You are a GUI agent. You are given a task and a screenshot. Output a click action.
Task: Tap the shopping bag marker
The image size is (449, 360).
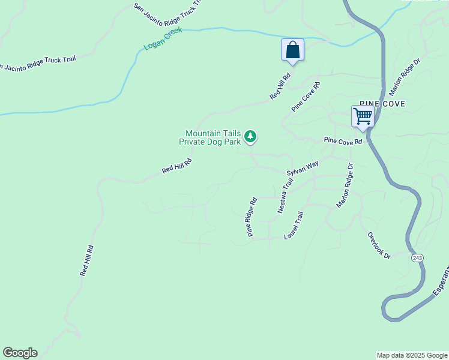[x=292, y=50]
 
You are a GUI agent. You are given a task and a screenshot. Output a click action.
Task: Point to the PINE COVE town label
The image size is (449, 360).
[x=382, y=104]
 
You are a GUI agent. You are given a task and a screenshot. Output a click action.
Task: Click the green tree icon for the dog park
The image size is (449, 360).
[x=251, y=137]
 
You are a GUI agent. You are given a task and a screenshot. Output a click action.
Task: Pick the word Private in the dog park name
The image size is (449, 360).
[x=193, y=142]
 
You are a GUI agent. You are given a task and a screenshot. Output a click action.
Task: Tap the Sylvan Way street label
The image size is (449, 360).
[x=302, y=168]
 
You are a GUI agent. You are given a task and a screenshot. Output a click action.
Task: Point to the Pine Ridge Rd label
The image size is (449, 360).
[x=251, y=217]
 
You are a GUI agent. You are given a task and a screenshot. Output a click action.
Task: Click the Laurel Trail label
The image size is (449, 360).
[x=294, y=226]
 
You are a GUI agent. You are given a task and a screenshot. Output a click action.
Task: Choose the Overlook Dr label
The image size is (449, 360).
[x=379, y=246]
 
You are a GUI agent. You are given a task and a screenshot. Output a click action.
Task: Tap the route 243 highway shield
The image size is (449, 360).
[x=417, y=257]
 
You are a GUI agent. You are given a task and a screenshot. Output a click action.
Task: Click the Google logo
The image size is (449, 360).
[x=20, y=353]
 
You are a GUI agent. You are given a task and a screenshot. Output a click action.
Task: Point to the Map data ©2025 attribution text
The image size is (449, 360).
[x=412, y=355]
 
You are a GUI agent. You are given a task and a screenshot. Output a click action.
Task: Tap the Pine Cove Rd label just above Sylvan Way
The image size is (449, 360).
[x=343, y=142]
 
